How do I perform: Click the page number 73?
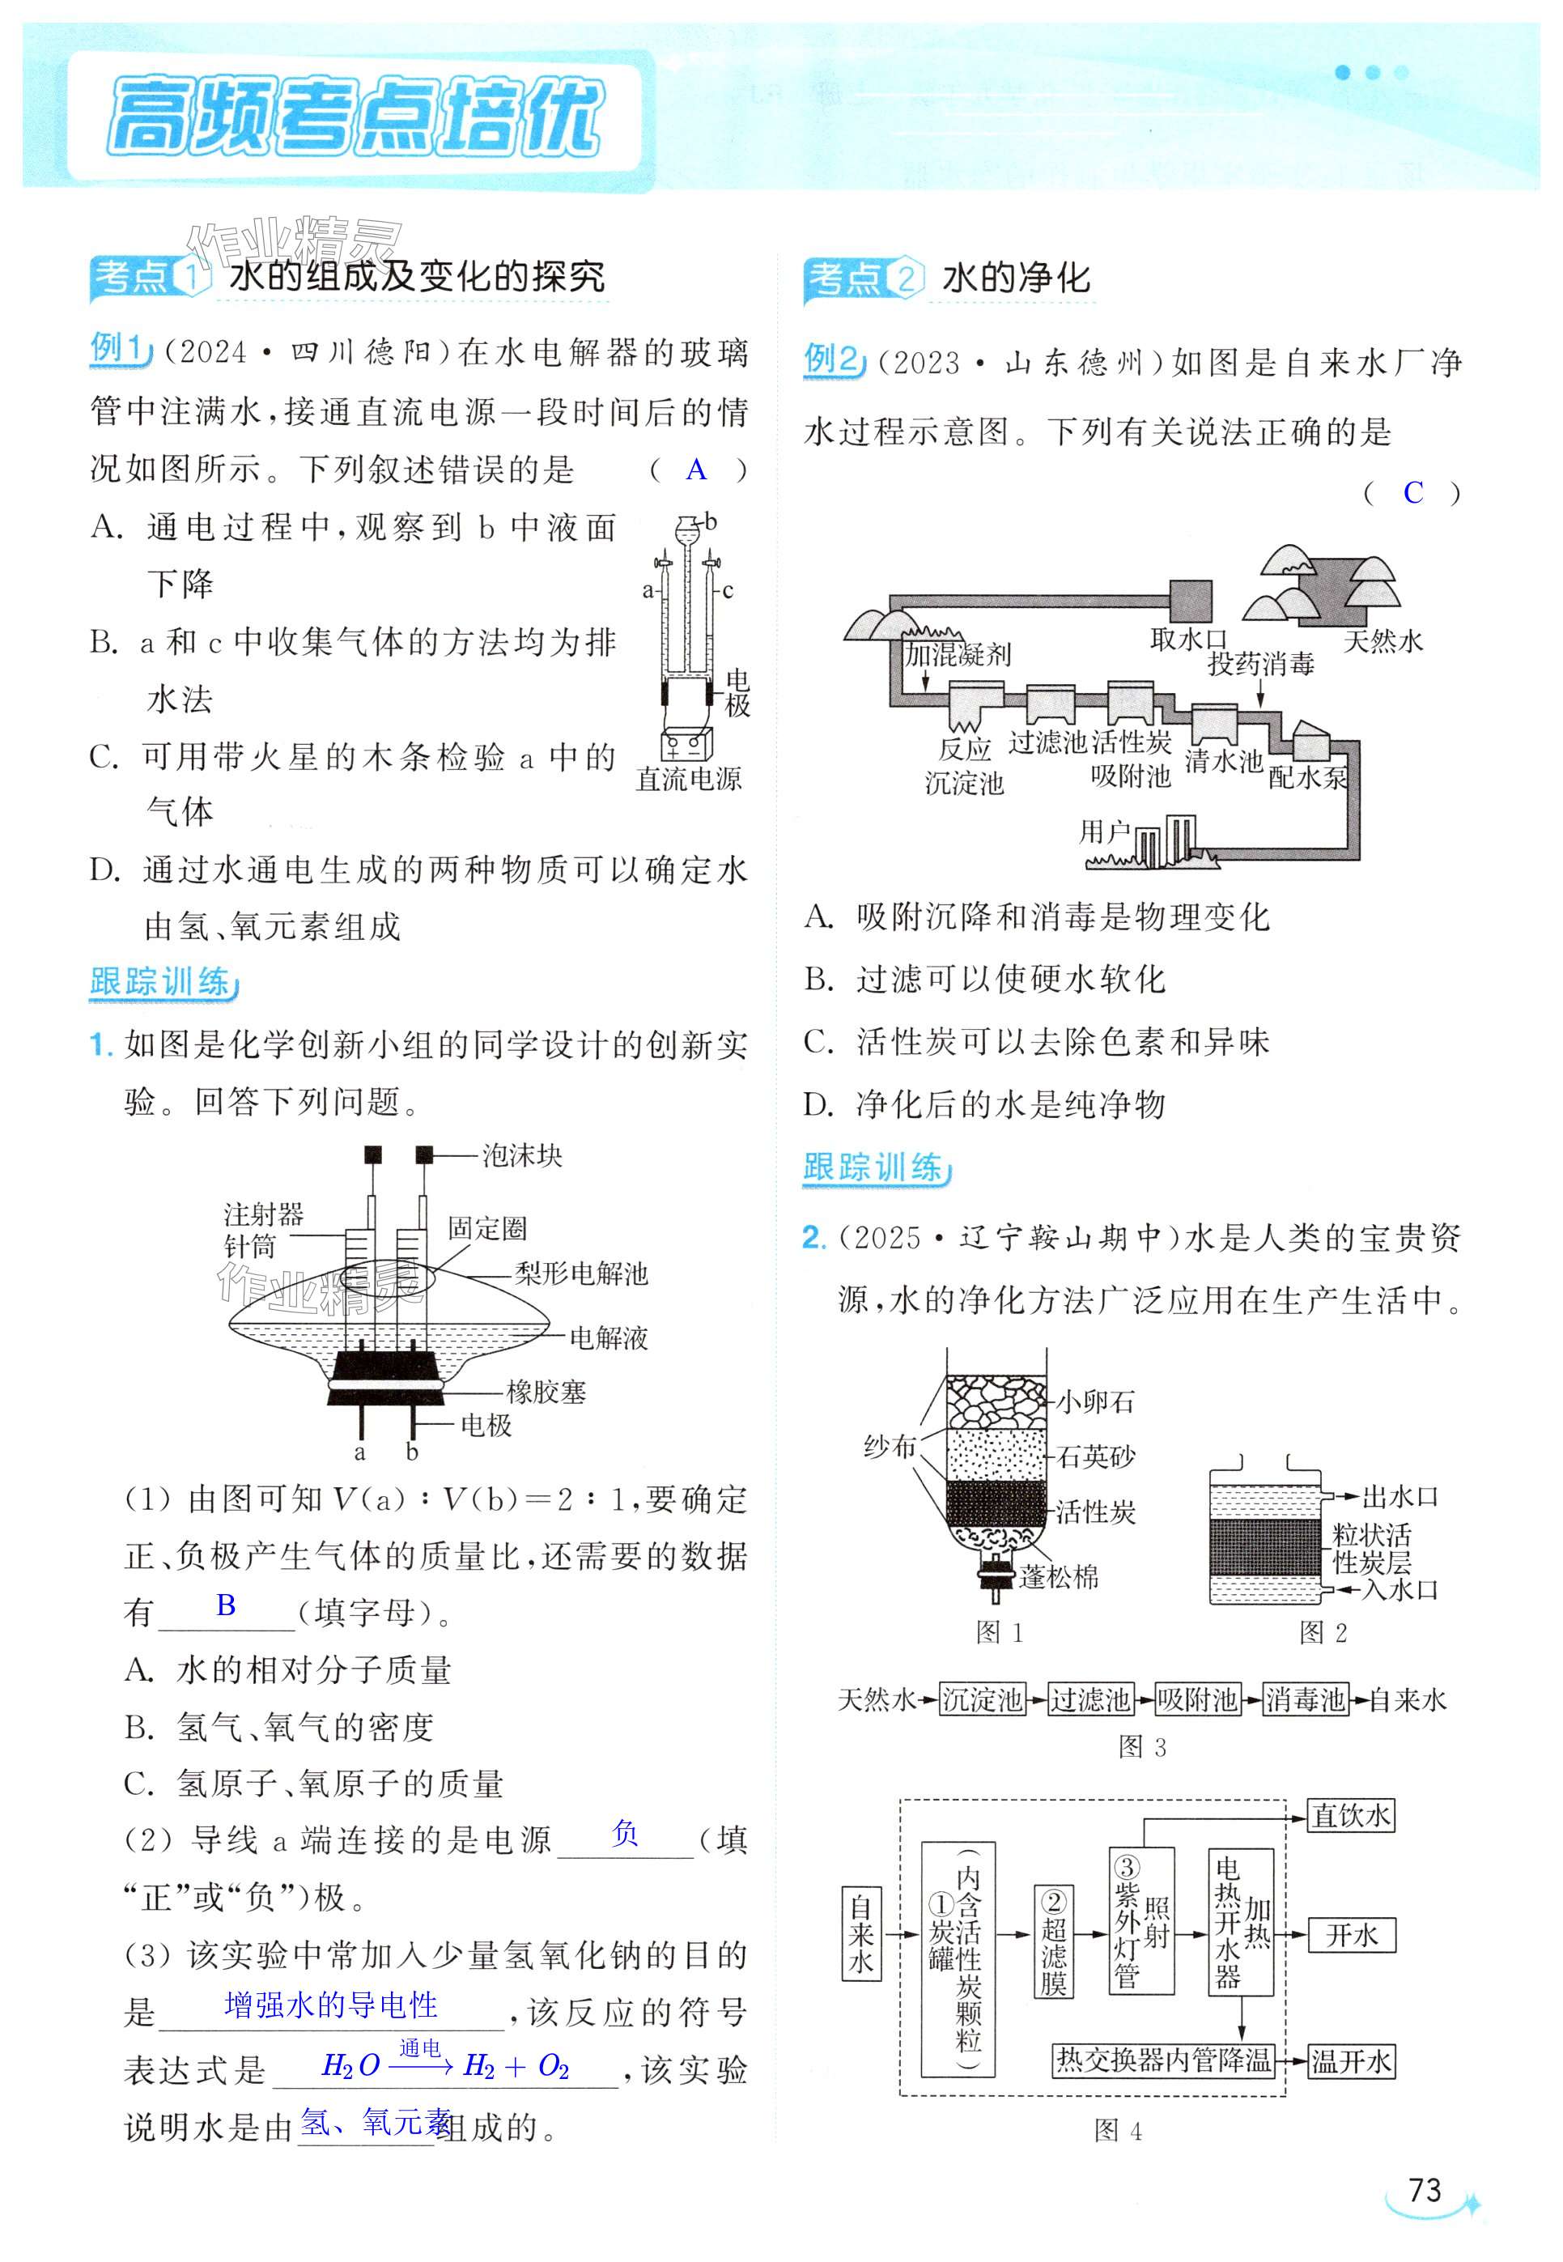coord(1424,2189)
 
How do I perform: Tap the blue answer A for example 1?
coord(696,470)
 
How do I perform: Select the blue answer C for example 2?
coord(1412,492)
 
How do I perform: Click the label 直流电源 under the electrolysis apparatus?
coord(689,779)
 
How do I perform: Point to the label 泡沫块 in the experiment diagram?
coord(521,1155)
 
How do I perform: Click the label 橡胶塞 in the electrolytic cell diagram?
coord(546,1392)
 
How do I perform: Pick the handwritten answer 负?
coord(625,1833)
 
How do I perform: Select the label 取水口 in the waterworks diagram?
coord(1188,640)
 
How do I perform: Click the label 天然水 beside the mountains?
coord(1382,641)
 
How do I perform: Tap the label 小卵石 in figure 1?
coord(1096,1401)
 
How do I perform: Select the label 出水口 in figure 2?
coord(1400,1497)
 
